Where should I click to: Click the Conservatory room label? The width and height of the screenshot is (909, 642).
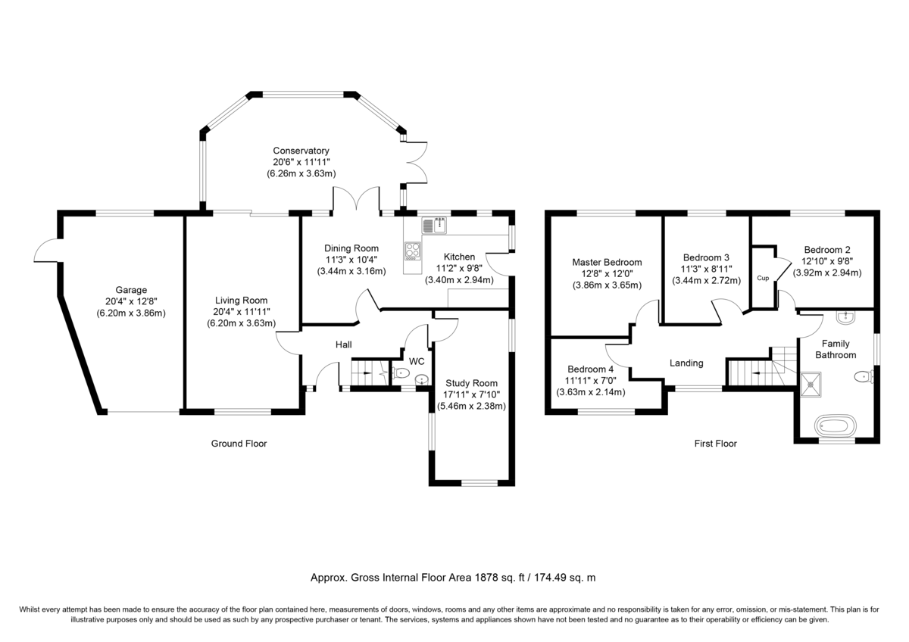point(301,151)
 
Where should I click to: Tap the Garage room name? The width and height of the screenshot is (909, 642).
point(131,290)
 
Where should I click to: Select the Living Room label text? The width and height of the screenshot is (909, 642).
point(242,301)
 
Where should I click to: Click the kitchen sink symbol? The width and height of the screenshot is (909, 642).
point(436,224)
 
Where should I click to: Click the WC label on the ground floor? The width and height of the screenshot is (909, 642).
point(417,362)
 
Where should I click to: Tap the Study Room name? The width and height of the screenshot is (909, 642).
point(471,383)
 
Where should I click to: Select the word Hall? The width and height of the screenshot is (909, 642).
point(344,345)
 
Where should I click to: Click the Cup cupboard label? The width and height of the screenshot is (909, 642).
point(763,279)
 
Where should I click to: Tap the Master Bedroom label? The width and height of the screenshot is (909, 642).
point(607,263)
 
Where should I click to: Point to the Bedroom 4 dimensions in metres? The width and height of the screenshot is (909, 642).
point(591,392)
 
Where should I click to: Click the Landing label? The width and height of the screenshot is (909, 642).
point(686,363)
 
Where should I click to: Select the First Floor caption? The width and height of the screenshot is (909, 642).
point(715,444)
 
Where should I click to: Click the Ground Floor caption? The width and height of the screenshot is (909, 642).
point(239,444)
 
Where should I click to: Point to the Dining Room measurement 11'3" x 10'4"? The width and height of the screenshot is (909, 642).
point(351,260)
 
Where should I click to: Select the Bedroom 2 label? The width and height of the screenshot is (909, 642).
point(827,250)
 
